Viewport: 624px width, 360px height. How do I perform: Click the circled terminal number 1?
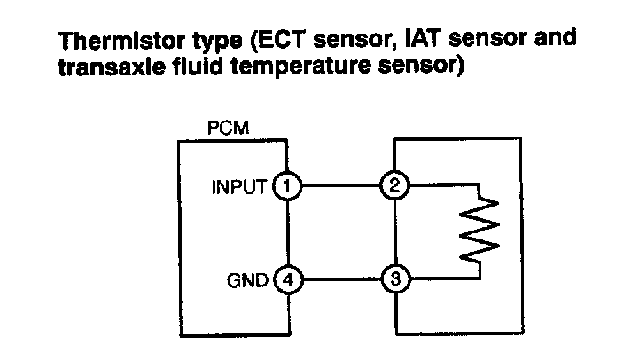(x=286, y=186)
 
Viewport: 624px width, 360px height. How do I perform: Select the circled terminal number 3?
(x=394, y=280)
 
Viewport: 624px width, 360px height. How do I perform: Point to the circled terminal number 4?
(x=286, y=280)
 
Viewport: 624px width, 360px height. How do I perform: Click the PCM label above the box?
(x=228, y=129)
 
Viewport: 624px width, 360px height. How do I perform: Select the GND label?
(x=248, y=281)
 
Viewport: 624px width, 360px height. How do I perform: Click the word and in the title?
(x=553, y=42)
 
